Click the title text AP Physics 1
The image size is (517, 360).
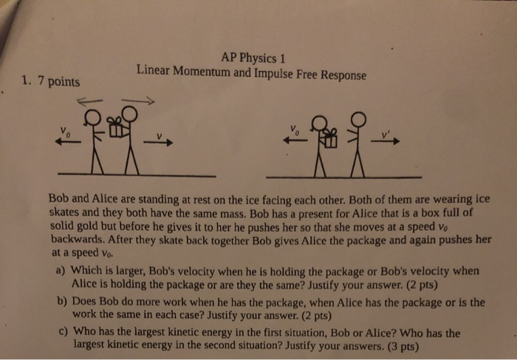[x=253, y=59]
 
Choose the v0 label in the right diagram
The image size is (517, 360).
[x=295, y=129]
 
